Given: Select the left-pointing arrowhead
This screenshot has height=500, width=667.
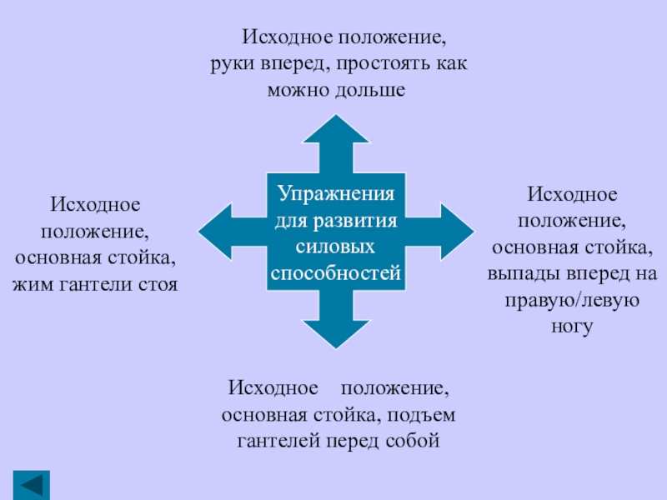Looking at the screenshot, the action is [x=218, y=232].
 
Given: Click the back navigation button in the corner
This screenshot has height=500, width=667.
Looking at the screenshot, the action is [x=32, y=485].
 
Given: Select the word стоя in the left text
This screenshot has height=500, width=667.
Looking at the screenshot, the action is [x=155, y=284].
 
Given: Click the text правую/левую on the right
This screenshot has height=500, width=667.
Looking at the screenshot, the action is [x=572, y=301].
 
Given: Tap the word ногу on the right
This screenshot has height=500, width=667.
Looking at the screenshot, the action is [x=572, y=327].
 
